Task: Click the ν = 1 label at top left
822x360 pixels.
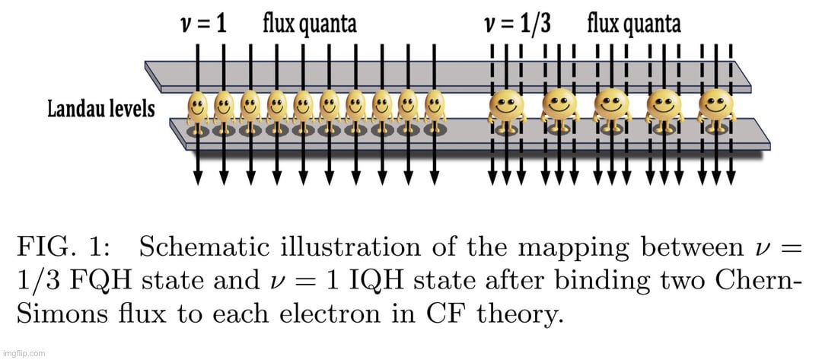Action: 202,24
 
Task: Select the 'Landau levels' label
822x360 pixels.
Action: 100,109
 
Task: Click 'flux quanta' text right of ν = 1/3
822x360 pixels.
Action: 633,24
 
